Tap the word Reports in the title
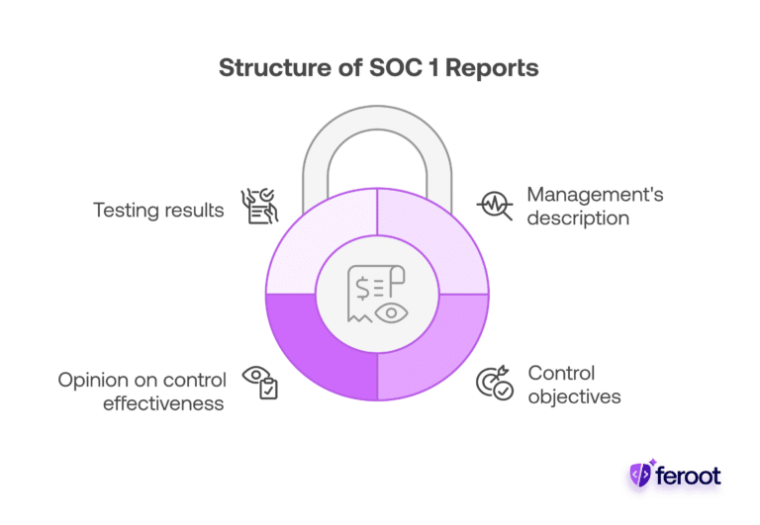click(500, 68)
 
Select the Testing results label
click(158, 210)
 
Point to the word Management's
click(595, 194)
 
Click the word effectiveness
click(163, 403)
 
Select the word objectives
click(574, 397)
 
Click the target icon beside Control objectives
click(495, 383)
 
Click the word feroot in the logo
click(691, 477)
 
